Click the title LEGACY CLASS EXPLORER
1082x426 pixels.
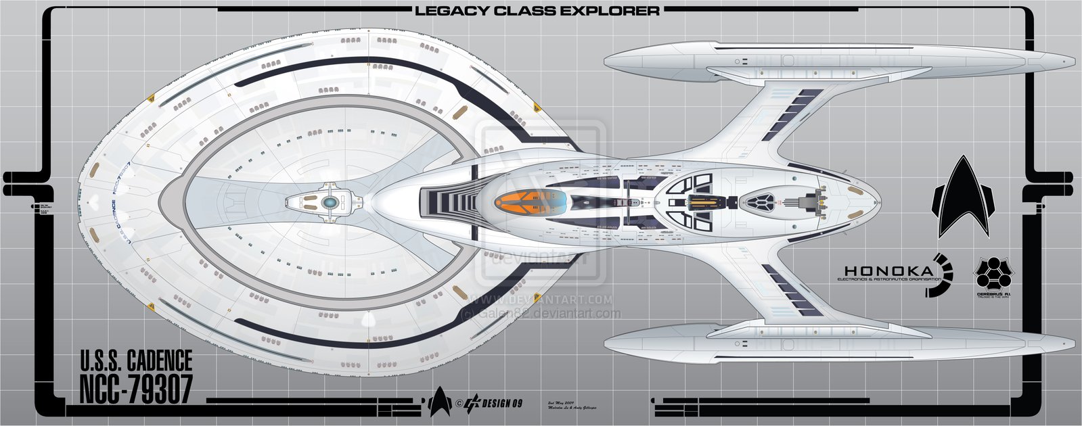pos(537,11)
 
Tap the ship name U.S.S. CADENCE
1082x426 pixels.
pos(136,360)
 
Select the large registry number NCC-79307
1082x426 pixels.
pos(136,389)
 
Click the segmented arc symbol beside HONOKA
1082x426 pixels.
pos(942,275)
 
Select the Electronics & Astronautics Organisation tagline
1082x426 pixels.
pos(888,279)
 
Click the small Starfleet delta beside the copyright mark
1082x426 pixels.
pos(440,401)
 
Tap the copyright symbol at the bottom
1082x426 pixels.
pos(458,404)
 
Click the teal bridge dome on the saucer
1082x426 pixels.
pos(329,202)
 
